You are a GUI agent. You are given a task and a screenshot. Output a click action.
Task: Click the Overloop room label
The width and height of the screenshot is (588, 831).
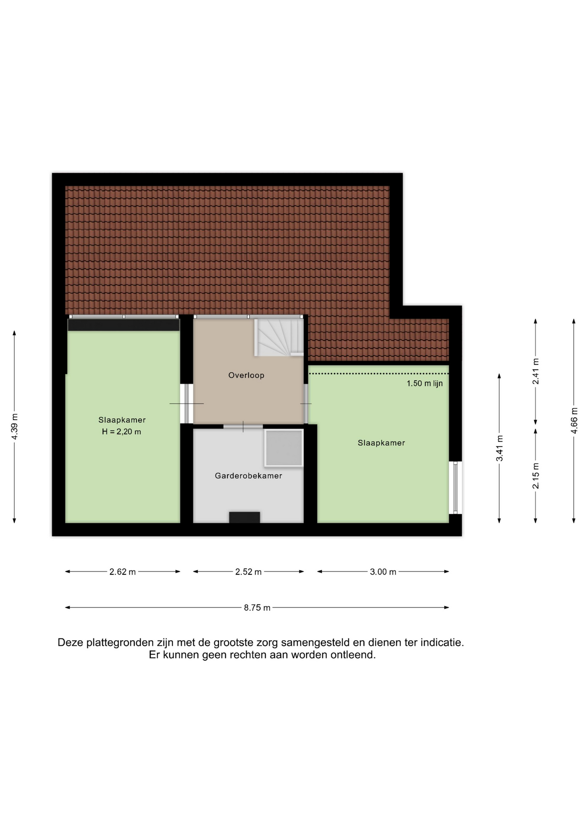coord(246,375)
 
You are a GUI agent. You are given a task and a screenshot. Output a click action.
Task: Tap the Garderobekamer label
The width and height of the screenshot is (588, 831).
coord(249,476)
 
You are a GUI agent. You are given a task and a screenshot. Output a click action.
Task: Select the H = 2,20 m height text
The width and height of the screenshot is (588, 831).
coord(122,432)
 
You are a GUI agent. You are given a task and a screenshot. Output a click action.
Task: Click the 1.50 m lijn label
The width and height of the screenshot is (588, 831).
coord(424,383)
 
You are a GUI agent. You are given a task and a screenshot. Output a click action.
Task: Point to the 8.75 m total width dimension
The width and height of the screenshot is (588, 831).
coord(257,608)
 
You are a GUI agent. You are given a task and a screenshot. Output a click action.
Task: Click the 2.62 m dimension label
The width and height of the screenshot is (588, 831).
coord(123,572)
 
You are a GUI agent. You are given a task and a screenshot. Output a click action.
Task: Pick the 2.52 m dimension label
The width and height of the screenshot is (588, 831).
coord(248,572)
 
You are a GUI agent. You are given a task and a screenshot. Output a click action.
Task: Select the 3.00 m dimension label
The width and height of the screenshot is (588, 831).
coord(383,572)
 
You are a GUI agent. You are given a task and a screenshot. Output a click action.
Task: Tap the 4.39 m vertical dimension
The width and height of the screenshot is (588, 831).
coord(15,427)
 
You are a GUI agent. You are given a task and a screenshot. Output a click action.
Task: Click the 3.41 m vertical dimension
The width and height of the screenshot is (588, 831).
coord(500,448)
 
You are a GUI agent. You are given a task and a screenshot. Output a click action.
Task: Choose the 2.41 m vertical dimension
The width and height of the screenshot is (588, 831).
coord(536,371)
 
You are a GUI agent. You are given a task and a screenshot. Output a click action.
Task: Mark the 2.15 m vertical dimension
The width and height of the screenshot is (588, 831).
coord(536,476)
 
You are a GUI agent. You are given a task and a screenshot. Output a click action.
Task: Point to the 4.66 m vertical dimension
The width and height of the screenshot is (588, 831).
coord(574,421)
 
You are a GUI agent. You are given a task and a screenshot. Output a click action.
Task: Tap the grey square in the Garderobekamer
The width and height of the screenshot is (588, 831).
coord(284,448)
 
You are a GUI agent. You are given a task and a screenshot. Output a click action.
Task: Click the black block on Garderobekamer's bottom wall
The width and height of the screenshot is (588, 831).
coord(244,517)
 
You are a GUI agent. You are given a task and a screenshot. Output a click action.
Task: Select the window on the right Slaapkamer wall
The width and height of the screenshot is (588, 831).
coord(456,487)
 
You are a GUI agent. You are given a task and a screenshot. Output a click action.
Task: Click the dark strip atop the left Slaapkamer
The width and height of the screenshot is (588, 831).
coord(123,325)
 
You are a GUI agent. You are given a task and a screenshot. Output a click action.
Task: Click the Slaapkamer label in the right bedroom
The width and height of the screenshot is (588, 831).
coord(381,443)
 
